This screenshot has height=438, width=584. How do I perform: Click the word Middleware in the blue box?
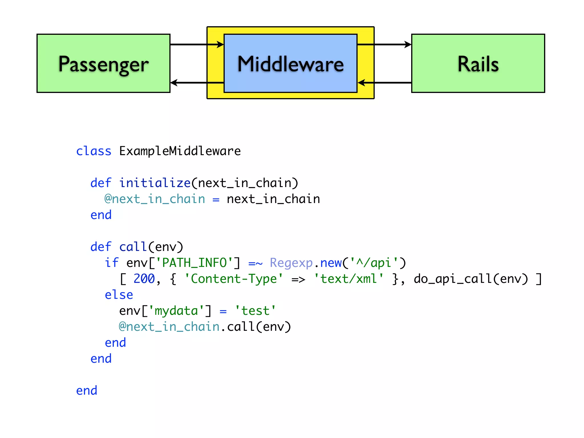[x=291, y=64]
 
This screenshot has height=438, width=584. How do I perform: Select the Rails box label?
[x=478, y=64]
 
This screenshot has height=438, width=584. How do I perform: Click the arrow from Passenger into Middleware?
[x=197, y=44]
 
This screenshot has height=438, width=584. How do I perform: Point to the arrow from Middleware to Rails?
[x=384, y=44]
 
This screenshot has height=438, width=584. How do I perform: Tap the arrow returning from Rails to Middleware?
[x=384, y=83]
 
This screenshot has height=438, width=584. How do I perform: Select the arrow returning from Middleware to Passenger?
[x=197, y=83]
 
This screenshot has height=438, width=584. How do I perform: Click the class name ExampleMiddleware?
[x=180, y=151]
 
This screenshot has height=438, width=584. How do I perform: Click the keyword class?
[x=94, y=151]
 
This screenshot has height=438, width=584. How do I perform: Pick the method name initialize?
[x=155, y=183]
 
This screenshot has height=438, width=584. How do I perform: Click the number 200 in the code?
[x=144, y=279]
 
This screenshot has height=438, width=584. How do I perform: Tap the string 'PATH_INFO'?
[x=194, y=263]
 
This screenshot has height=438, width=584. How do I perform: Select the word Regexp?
[x=291, y=263]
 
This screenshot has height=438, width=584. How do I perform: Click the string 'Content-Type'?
[x=234, y=279]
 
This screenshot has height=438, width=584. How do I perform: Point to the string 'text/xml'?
[x=349, y=279]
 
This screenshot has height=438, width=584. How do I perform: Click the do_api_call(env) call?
[x=471, y=279]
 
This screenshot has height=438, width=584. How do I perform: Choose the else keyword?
[x=119, y=295]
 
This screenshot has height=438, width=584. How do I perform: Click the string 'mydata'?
[x=176, y=311]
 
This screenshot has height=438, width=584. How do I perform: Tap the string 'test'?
[x=255, y=311]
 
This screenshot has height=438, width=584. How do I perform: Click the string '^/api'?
[x=374, y=263]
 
